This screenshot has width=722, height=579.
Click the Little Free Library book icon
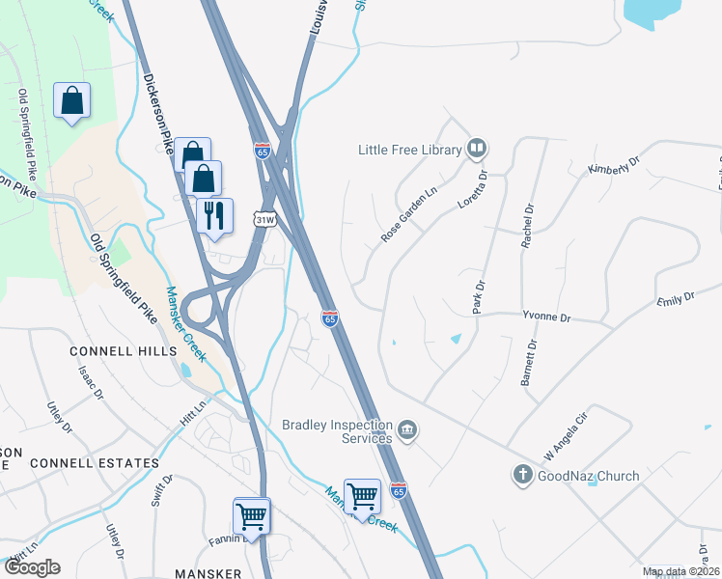(476, 149)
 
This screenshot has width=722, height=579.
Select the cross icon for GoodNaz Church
(522, 475)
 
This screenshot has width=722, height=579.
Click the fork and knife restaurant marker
(214, 214)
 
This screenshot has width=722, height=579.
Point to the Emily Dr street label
(676, 299)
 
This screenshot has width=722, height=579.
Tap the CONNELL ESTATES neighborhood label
(94, 463)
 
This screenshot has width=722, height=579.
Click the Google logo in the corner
(32, 566)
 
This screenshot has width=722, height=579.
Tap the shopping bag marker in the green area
(72, 100)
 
